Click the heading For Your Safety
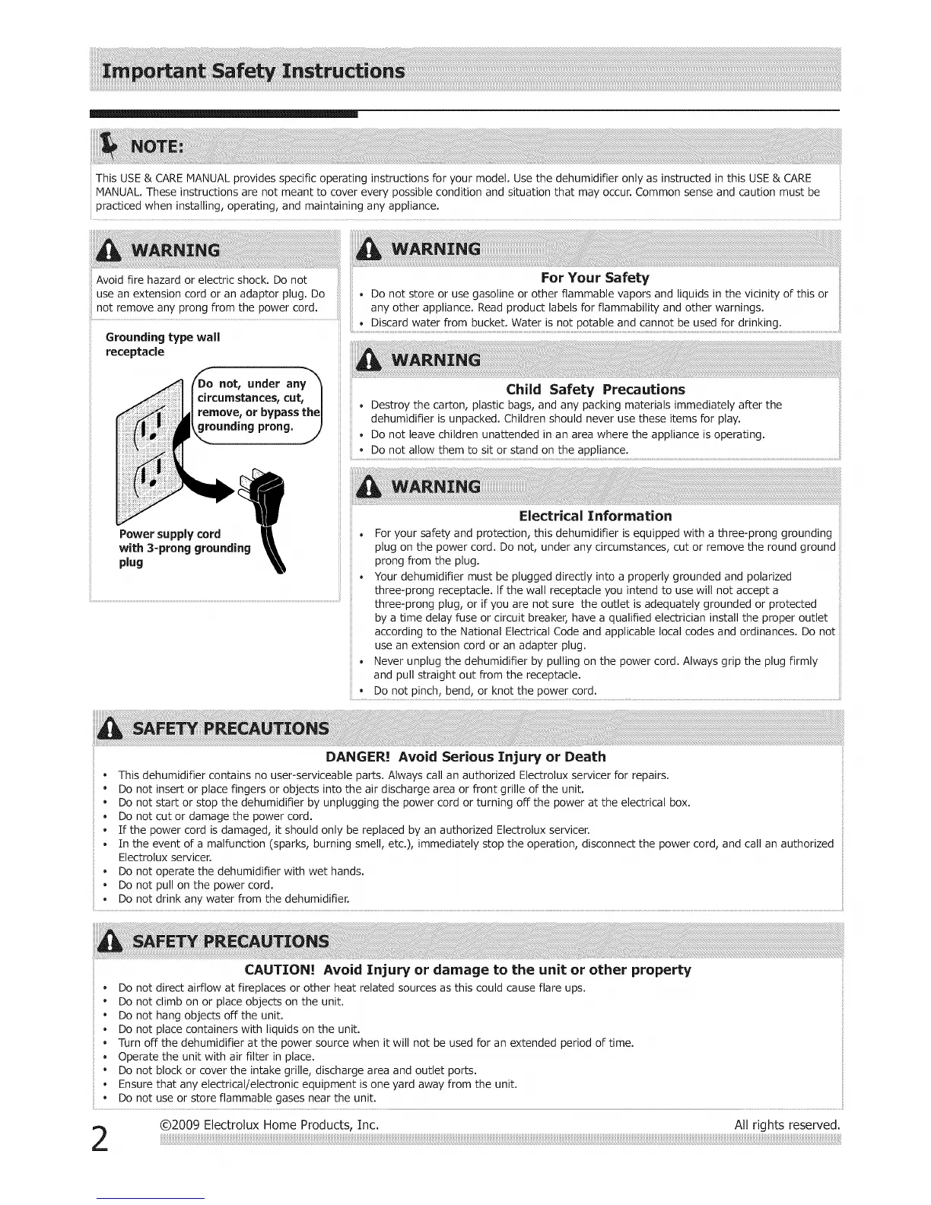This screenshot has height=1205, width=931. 594,278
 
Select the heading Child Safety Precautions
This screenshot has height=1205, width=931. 595,389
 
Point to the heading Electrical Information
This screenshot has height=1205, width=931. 595,516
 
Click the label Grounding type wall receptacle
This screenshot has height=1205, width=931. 162,345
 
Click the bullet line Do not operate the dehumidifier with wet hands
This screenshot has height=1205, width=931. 241,871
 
